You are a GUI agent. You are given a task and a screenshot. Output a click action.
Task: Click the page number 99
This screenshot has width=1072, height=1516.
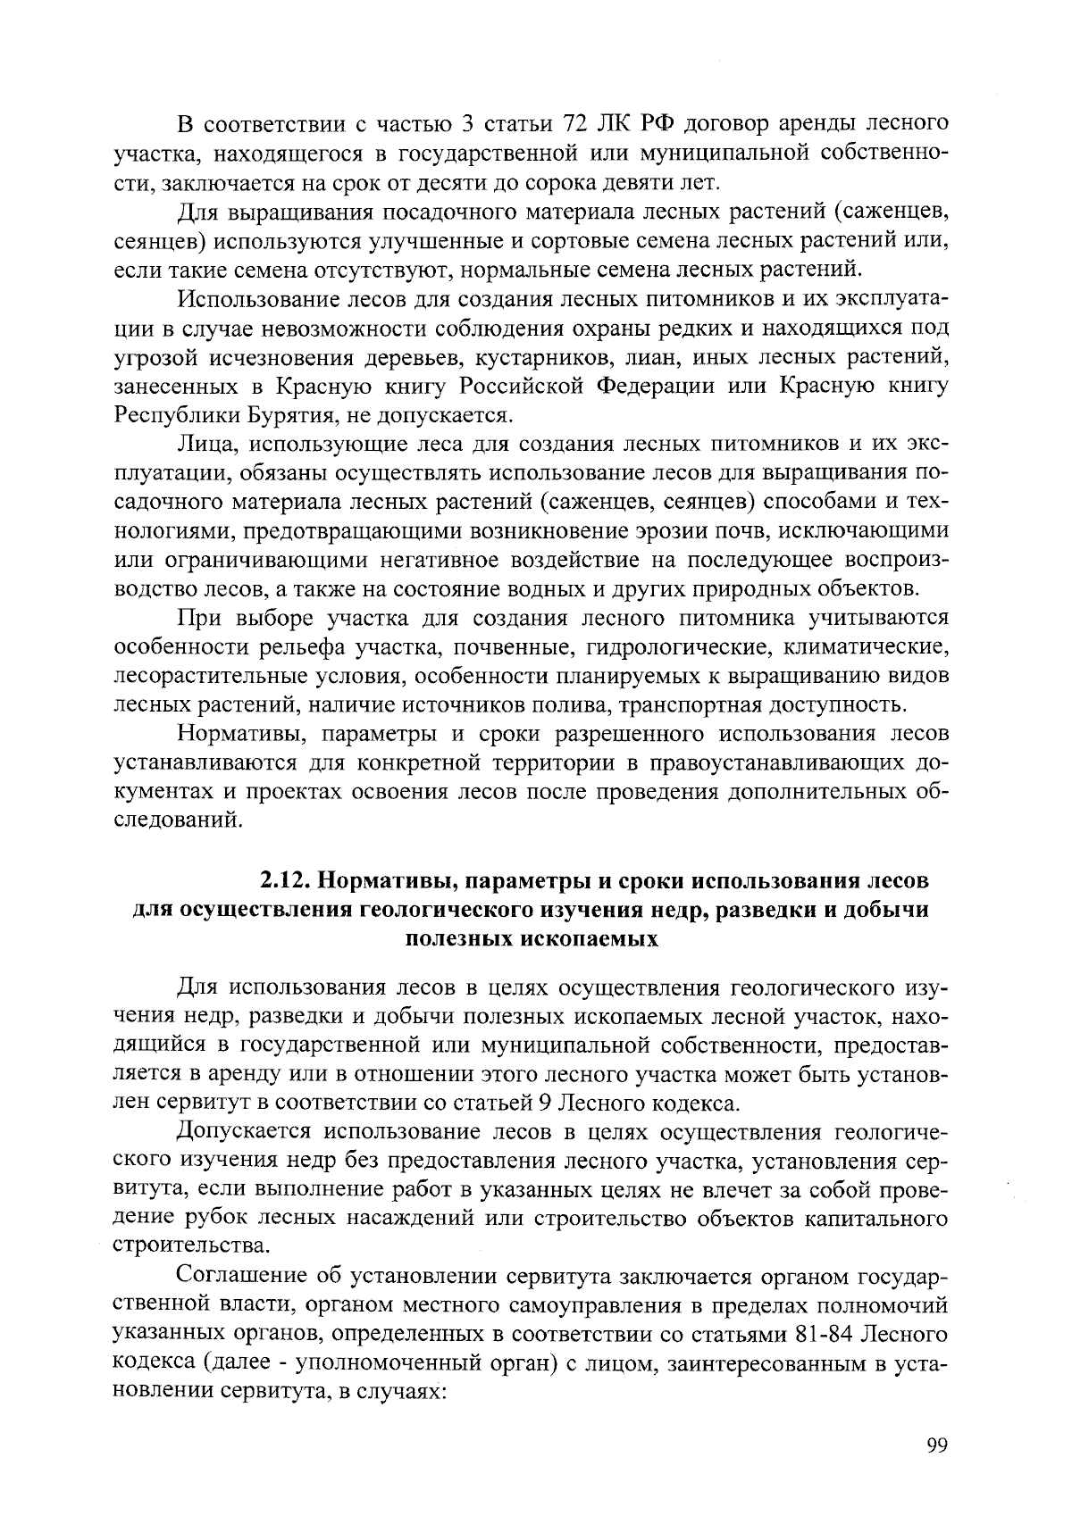(x=936, y=1447)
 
